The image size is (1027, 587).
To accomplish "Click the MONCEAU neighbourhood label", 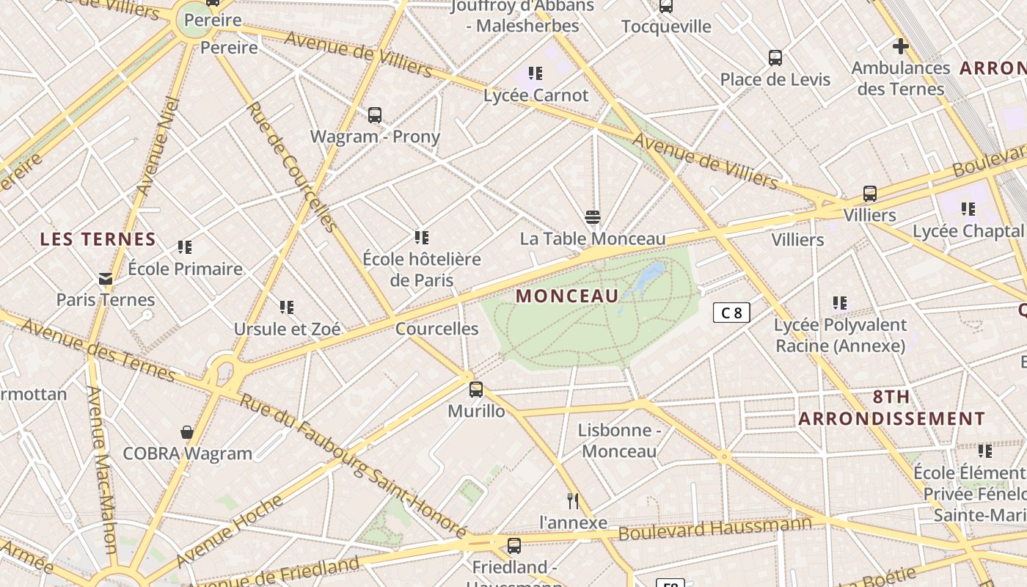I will point(567,296).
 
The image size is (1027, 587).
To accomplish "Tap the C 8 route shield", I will point(731,313).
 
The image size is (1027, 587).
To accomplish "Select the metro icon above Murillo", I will point(476,390).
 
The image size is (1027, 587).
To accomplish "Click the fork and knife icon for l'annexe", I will point(573,501).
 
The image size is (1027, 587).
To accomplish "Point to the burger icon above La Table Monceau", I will point(593,217).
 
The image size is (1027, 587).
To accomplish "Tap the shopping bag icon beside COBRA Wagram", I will point(187,432).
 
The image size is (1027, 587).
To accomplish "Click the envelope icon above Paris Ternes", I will point(106,279).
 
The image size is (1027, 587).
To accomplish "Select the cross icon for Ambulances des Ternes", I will point(900,46).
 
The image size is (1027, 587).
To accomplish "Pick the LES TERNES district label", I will point(98,239).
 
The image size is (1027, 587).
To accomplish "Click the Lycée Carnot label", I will point(536,95).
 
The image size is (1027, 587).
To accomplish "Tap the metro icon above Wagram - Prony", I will point(375,115).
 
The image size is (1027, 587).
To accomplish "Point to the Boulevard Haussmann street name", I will point(715,528).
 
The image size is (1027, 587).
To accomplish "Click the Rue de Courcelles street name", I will point(290,166).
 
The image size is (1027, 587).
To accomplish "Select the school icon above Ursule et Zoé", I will point(286,307).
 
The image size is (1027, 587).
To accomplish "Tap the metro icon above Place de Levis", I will point(775,58).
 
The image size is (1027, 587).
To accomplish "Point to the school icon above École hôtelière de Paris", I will point(421,238).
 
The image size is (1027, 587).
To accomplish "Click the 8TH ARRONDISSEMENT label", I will point(891,408).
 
